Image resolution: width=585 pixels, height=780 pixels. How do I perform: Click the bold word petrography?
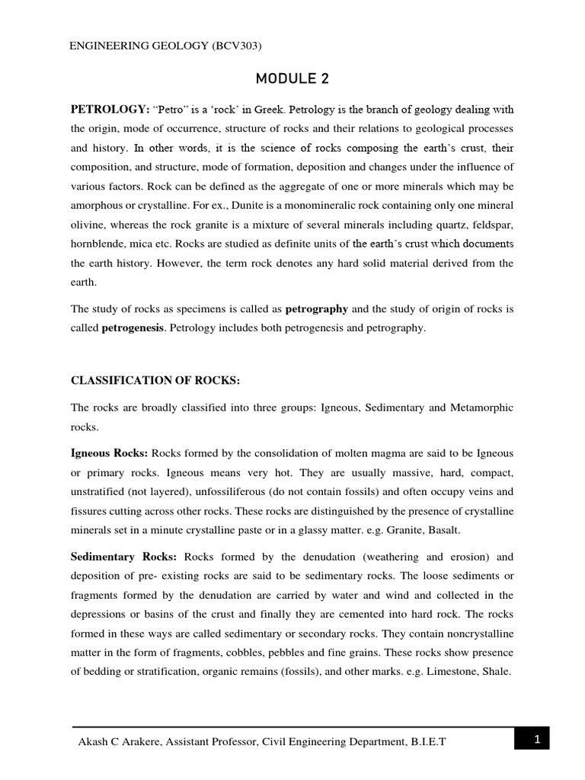317,308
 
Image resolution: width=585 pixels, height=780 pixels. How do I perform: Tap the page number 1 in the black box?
536,739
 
